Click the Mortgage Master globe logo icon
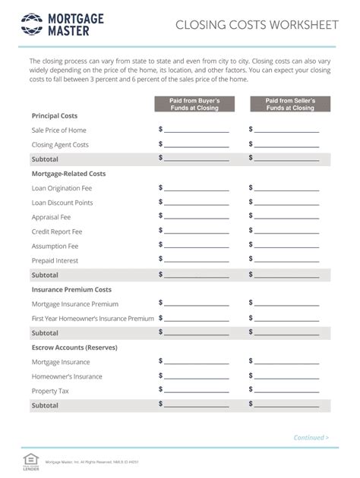(x=31, y=24)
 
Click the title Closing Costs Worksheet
(x=257, y=25)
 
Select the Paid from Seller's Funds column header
(x=289, y=104)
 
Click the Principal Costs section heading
(x=54, y=116)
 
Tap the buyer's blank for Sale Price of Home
(x=196, y=131)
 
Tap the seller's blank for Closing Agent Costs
(x=286, y=145)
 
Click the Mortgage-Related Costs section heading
(x=68, y=174)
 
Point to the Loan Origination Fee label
(x=62, y=188)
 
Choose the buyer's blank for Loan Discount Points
(x=196, y=203)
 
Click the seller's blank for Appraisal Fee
(x=286, y=217)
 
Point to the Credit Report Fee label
(x=56, y=231)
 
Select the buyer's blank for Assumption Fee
(x=196, y=246)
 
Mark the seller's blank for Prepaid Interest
(x=286, y=260)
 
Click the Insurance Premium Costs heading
(x=71, y=290)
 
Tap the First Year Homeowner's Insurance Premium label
(x=93, y=319)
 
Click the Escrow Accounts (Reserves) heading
(x=74, y=347)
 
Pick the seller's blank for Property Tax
(x=286, y=391)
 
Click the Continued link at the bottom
(x=311, y=438)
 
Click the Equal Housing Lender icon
(x=31, y=460)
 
